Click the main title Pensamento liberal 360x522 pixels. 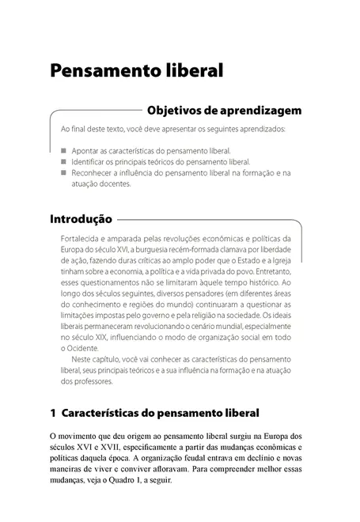136,70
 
